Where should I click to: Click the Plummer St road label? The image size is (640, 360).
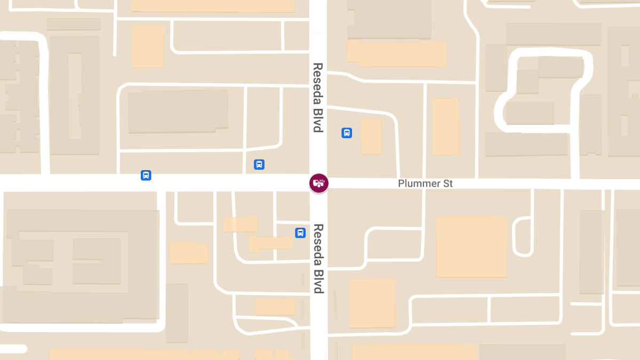[x=425, y=183]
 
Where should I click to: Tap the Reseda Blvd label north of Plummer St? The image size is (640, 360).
[x=318, y=98]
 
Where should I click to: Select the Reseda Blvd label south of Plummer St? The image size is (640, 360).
[x=318, y=258]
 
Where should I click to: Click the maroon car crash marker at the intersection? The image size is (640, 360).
[x=319, y=183]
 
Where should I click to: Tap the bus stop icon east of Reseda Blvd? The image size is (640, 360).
[x=347, y=133]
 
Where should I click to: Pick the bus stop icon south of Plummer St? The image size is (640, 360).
[x=300, y=233]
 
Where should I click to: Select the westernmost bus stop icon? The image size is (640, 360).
[x=146, y=175]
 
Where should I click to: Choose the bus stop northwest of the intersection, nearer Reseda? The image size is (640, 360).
[x=259, y=164]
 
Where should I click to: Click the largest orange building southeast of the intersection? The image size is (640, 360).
[x=471, y=246]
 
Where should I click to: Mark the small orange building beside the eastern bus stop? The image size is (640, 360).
[x=371, y=136]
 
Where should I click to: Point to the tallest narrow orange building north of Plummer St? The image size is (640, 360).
[x=445, y=126]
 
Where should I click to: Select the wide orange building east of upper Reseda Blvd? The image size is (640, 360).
[x=396, y=53]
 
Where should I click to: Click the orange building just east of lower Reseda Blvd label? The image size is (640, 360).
[x=372, y=302]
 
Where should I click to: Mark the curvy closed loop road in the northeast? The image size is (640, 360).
[x=544, y=91]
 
